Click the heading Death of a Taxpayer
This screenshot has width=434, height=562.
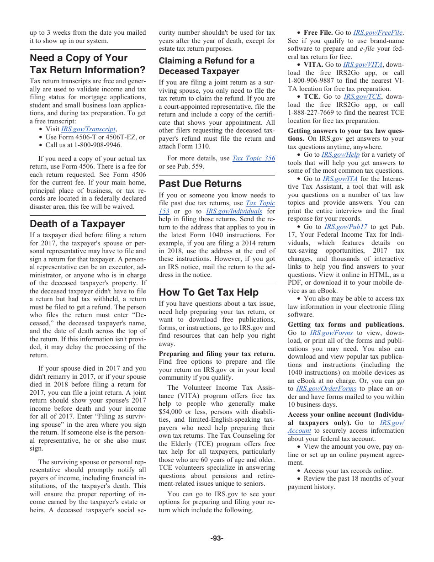(x=77, y=224)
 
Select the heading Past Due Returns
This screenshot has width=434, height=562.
(x=200, y=184)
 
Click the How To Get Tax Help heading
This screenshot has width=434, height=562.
(x=208, y=292)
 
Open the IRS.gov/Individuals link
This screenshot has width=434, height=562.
(x=234, y=211)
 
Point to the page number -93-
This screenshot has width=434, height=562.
(x=217, y=538)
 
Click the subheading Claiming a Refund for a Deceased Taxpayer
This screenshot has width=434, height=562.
(x=206, y=66)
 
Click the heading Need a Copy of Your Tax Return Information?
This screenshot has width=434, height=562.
(x=87, y=64)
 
